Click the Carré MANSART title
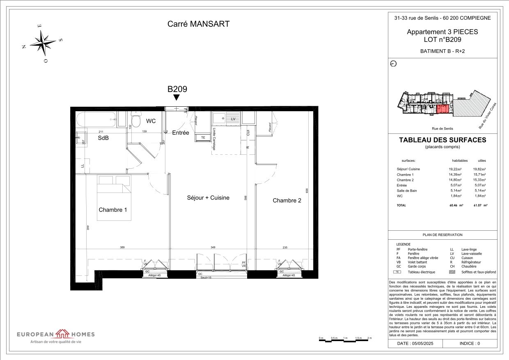tap(198, 24)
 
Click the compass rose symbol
tap(43, 43)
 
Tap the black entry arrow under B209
tap(177, 98)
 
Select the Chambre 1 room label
tap(113, 210)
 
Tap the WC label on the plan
tap(151, 121)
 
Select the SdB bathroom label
tap(103, 138)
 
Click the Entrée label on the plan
tap(180, 133)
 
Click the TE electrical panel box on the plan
tap(203, 138)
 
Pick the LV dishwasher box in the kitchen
tap(233, 118)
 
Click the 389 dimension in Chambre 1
tap(122, 248)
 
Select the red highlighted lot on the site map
tap(442, 109)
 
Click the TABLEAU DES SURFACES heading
tap(443, 140)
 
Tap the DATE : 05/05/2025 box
tap(415, 343)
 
